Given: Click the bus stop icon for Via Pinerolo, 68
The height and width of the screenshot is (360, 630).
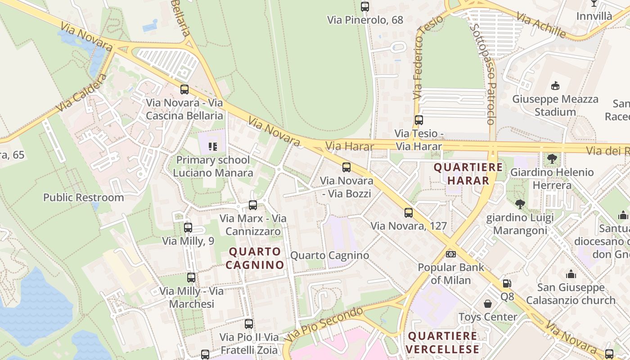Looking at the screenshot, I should pyautogui.click(x=365, y=7).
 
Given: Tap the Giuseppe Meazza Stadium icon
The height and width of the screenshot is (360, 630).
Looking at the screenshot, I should pyautogui.click(x=556, y=85).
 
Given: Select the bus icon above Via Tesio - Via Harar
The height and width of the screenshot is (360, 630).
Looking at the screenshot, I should pyautogui.click(x=419, y=120).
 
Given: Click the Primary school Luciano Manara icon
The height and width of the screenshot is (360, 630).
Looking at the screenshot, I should pyautogui.click(x=213, y=146).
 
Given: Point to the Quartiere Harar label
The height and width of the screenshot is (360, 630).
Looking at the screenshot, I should pyautogui.click(x=468, y=174).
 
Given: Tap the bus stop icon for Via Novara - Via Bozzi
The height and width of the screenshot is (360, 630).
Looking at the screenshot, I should pyautogui.click(x=346, y=167).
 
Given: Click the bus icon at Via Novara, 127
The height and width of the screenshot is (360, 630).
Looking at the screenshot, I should pyautogui.click(x=409, y=213).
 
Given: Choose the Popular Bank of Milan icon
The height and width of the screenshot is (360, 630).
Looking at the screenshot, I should pyautogui.click(x=451, y=254).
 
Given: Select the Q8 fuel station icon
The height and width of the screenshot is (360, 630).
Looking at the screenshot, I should pyautogui.click(x=507, y=283).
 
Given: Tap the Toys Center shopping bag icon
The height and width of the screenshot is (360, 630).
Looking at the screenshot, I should pyautogui.click(x=488, y=304).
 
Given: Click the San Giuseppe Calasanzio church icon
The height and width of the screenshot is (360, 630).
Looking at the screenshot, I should pyautogui.click(x=571, y=274).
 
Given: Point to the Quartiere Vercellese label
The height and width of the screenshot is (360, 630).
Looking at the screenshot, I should pyautogui.click(x=442, y=342).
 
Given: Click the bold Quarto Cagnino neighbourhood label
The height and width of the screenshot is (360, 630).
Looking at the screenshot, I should pyautogui.click(x=255, y=258).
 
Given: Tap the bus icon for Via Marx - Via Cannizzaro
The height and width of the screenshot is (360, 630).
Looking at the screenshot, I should pyautogui.click(x=253, y=205).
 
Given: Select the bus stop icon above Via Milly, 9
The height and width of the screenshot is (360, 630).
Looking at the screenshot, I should pyautogui.click(x=188, y=228).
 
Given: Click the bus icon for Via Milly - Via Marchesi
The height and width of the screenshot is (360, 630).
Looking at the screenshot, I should pyautogui.click(x=191, y=278).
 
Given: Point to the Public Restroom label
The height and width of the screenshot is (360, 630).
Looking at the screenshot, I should pyautogui.click(x=83, y=198).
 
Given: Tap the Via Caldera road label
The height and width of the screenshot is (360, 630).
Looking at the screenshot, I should pyautogui.click(x=82, y=93).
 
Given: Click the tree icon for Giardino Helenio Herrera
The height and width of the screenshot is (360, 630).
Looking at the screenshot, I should pyautogui.click(x=552, y=159).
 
